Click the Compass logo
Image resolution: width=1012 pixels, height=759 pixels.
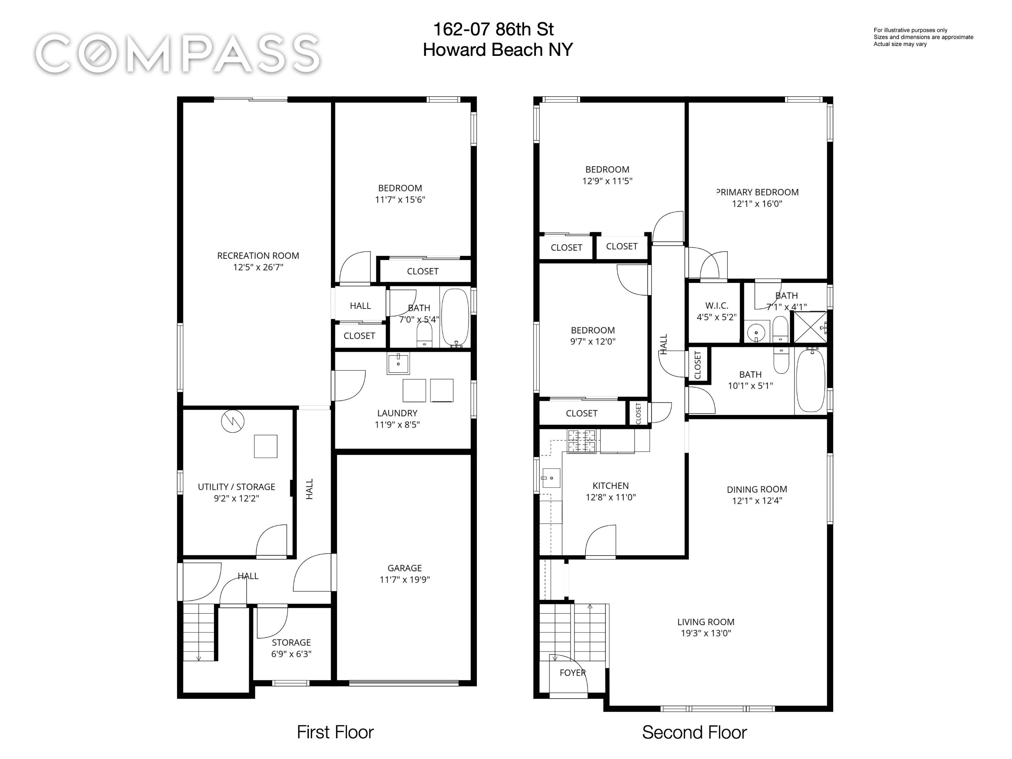pos(177,54)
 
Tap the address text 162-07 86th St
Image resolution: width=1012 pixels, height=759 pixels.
pos(493,29)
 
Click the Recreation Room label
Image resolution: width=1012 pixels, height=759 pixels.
pos(258,256)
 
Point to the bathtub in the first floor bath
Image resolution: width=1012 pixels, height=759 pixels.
pos(455,317)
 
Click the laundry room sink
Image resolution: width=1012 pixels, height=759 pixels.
pos(398,363)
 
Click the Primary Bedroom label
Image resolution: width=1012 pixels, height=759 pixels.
pos(758,192)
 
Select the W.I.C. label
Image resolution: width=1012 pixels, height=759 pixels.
pos(716,306)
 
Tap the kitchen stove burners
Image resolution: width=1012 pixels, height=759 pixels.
pos(582,441)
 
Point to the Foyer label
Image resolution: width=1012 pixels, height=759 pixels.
pos(572,673)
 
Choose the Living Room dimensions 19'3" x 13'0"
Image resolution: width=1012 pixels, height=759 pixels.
pos(706,633)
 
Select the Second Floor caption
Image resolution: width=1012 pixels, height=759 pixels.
pos(694,732)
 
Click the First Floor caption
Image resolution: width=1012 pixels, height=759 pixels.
pos(335,732)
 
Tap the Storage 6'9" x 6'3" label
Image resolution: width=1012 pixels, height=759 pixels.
pos(291,648)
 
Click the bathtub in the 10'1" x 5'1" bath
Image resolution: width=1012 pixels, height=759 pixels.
pos(810,381)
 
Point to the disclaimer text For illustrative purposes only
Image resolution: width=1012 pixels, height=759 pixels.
pos(910,30)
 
